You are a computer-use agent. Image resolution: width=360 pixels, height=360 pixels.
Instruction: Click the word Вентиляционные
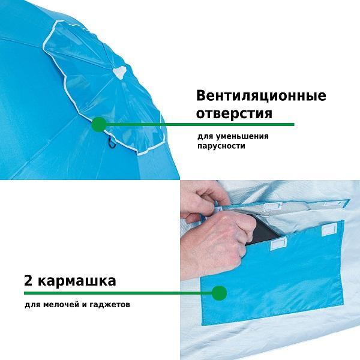coord(261,95)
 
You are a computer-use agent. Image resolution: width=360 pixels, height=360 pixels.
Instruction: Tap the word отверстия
coord(234,113)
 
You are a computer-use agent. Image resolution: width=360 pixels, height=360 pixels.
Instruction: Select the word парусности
coord(221,146)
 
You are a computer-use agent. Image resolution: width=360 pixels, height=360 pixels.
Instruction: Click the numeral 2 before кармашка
coord(28,280)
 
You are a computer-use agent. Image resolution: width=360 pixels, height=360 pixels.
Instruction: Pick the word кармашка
coord(77,281)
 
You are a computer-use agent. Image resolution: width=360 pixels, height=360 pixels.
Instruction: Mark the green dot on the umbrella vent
coord(99,125)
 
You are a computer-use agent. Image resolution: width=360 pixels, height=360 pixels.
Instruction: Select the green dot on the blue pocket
coord(219,293)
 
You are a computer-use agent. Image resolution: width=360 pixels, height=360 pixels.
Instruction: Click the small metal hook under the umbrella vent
coord(112,142)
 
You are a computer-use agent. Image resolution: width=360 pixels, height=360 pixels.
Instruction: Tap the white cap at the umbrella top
coord(119,72)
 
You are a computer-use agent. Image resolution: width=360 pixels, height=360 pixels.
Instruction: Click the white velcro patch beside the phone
coord(278,244)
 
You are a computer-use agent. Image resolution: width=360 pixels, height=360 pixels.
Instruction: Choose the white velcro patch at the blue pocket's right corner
coord(329,230)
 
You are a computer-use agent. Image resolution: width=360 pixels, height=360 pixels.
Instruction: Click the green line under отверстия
coord(200,125)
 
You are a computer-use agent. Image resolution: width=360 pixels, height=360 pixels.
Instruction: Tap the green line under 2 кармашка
coord(118,293)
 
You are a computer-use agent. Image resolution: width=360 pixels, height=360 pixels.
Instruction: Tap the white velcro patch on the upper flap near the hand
coord(272,206)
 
